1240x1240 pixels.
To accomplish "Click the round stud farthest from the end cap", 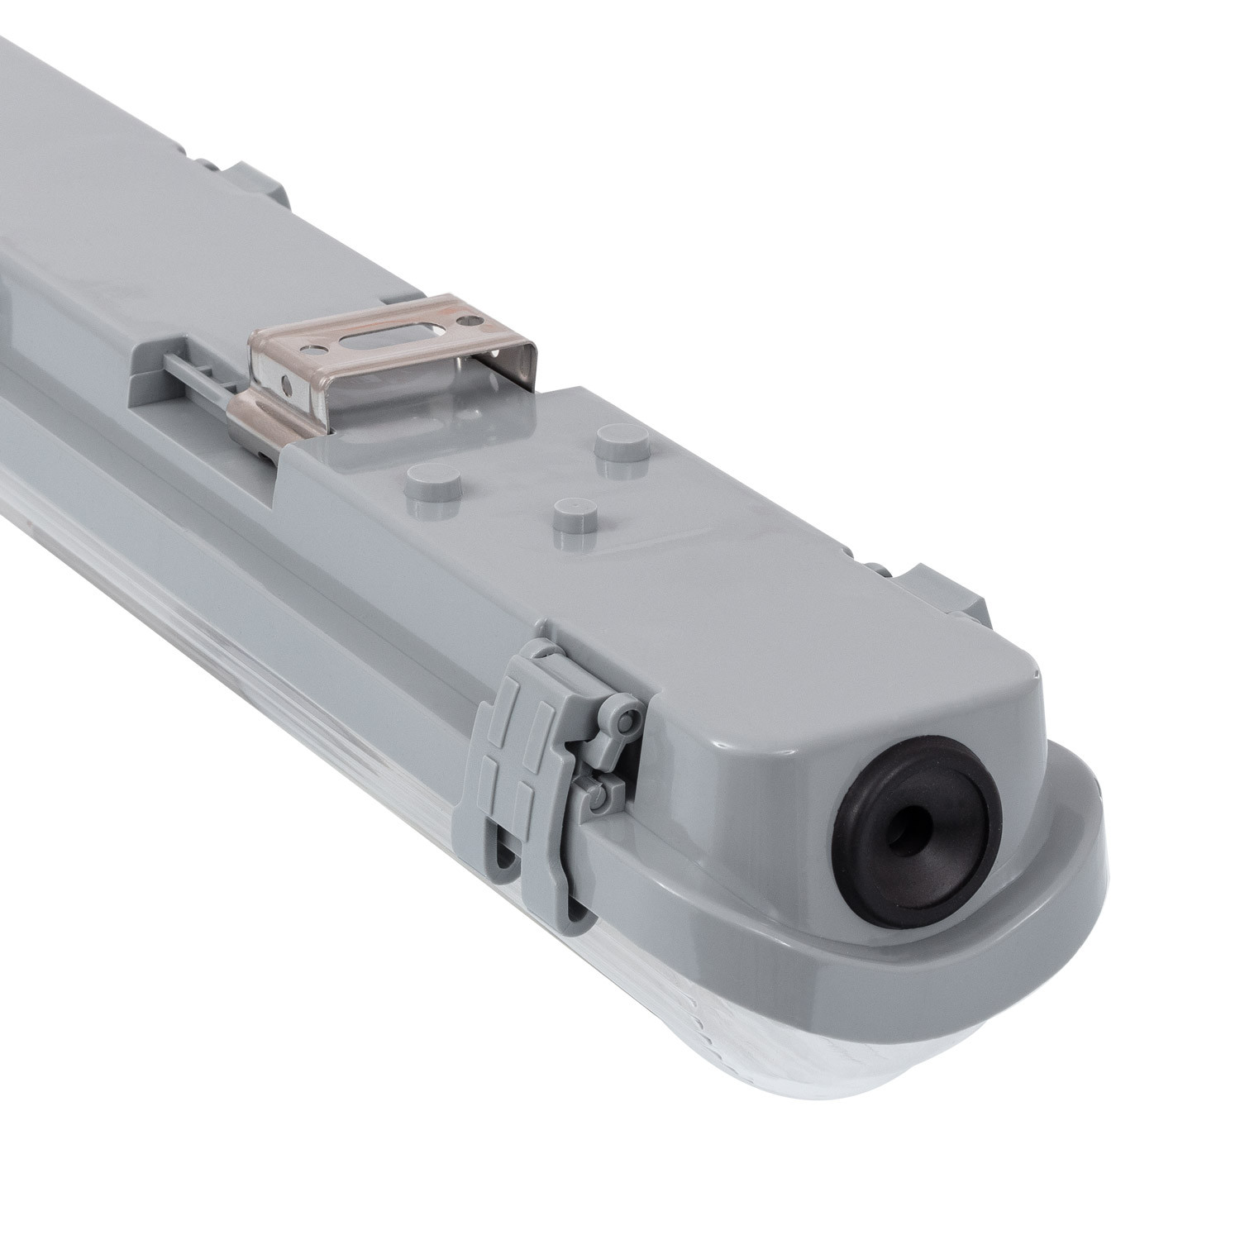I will point(427,477).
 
